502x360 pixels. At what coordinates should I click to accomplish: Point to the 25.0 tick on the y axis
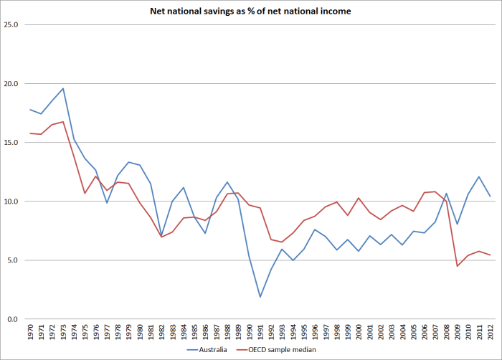click(x=11, y=25)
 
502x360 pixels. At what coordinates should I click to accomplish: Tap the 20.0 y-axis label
click(x=11, y=84)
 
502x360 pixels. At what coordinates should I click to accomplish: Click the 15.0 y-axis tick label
click(x=11, y=143)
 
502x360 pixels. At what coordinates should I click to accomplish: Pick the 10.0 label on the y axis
click(x=11, y=202)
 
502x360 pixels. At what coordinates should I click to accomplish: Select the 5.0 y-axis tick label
click(x=14, y=260)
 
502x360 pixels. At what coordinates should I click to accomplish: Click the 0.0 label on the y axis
click(x=14, y=319)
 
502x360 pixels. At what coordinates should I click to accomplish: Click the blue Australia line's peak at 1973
click(x=63, y=89)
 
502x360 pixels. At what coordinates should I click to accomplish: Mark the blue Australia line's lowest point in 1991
click(x=260, y=297)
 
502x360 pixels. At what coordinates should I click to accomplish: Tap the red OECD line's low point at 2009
click(x=458, y=266)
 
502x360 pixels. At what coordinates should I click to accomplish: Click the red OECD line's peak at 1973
click(x=63, y=122)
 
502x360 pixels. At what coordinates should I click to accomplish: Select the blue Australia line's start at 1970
click(x=30, y=110)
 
